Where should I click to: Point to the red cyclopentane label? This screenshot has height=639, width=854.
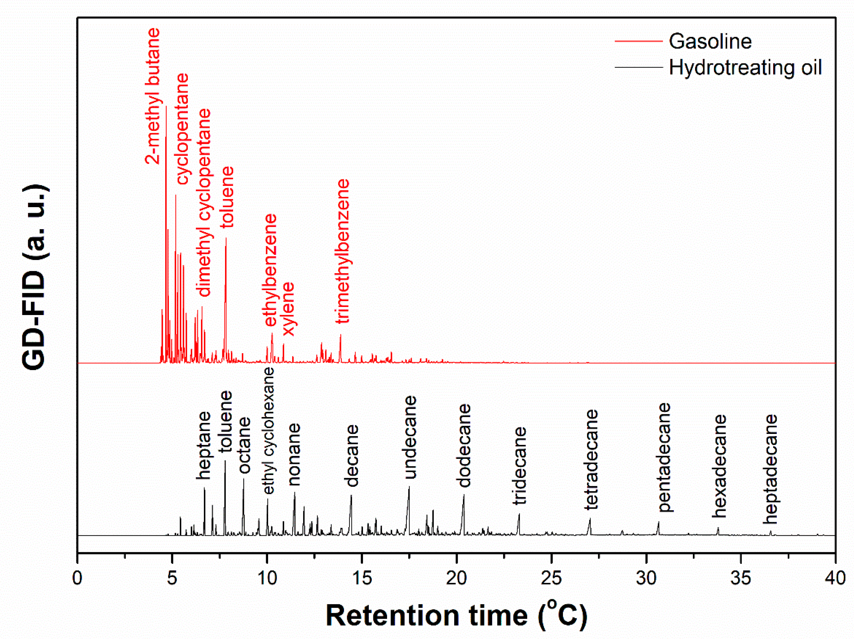182,129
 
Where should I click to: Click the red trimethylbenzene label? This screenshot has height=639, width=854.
342,251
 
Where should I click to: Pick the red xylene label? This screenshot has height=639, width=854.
288,309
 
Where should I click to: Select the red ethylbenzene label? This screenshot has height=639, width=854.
270,270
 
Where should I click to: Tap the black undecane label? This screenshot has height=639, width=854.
410,437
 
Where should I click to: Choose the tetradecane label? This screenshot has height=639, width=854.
591,459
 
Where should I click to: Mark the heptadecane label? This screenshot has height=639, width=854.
770,469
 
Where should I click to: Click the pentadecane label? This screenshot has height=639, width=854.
664,457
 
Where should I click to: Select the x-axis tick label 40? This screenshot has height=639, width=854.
835,578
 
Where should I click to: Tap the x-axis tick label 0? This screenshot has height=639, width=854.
77,578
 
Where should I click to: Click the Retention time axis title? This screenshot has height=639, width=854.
456,615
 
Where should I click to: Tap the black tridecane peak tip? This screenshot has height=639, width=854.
519,514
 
